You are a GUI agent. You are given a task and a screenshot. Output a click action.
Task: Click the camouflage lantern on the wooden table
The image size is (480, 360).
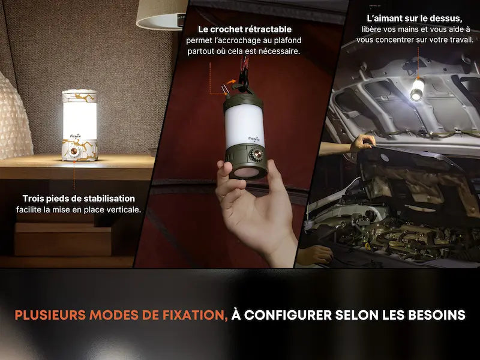coord(80,125)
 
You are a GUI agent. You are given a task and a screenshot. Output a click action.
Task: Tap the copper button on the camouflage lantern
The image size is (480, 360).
coord(74,151)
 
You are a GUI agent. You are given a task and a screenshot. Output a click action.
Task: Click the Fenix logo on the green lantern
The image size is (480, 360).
coord(254,139)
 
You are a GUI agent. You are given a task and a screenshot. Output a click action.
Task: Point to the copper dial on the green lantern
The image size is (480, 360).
coord(257,155)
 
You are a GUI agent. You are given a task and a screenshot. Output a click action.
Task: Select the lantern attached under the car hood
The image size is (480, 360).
coord(417,89)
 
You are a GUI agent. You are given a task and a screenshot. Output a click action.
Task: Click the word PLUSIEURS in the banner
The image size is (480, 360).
coord(50,316)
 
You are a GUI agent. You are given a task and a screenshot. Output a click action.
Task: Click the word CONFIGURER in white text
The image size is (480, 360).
coord(288,316)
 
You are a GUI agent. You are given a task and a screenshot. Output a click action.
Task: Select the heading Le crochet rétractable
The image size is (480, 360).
coord(245,29)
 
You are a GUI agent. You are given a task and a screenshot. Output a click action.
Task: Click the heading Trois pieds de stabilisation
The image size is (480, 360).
coord(79,199)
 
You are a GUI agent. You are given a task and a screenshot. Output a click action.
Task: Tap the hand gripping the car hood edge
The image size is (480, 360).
coord(364,143)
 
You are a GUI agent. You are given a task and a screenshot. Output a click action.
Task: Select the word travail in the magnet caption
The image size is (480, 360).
coord(461,40)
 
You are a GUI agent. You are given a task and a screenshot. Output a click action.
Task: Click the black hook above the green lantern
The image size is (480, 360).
coord(244,80)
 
